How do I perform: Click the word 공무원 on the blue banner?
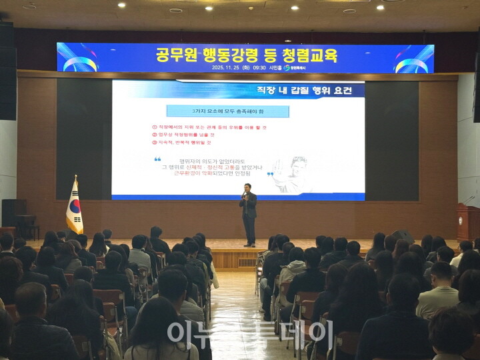[x=179, y=54]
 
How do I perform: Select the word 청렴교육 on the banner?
[x=308, y=54]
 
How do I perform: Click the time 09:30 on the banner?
[x=258, y=67]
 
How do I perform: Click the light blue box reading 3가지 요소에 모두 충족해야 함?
[x=227, y=111]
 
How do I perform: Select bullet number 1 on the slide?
[x=155, y=127]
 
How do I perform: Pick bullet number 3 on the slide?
[x=155, y=142]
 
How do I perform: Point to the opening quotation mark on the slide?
[x=158, y=159]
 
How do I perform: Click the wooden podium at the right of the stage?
[x=467, y=221]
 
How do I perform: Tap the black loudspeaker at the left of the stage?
[x=13, y=213]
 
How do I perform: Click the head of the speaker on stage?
[x=248, y=187]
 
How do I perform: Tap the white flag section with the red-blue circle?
[x=75, y=208]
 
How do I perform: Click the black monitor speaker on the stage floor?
[x=402, y=236]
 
